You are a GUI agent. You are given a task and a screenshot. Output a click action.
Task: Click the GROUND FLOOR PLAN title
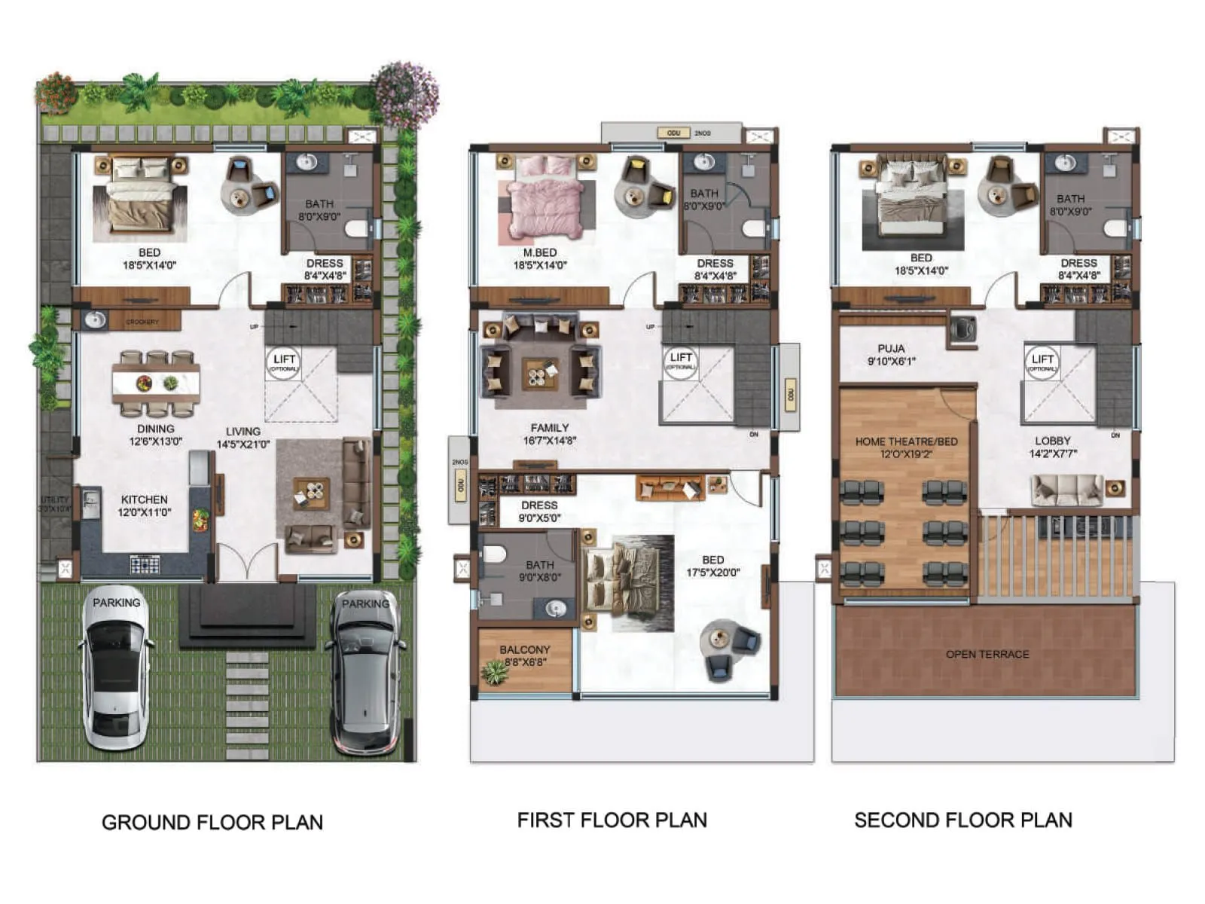click(x=212, y=822)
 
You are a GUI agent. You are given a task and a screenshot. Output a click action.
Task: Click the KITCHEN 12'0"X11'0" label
click(x=144, y=505)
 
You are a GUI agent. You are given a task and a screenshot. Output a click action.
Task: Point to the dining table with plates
click(x=156, y=383)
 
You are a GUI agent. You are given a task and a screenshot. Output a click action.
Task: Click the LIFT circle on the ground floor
click(x=284, y=362)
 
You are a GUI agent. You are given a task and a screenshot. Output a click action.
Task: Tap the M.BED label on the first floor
click(x=540, y=258)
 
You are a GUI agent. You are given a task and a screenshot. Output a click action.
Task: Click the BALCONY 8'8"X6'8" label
click(x=525, y=655)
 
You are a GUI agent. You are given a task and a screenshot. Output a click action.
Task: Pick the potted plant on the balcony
click(x=495, y=671)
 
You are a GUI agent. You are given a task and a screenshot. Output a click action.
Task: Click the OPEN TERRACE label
click(x=987, y=654)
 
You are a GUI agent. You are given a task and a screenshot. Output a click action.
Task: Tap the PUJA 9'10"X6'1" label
click(x=891, y=354)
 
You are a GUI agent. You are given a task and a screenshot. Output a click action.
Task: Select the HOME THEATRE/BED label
click(x=906, y=447)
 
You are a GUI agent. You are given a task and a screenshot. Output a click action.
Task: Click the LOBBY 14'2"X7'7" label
click(x=1052, y=447)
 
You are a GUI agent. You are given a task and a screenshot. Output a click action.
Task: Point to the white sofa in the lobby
click(x=1067, y=490)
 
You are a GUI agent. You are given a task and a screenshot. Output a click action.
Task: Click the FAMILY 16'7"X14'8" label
click(x=549, y=433)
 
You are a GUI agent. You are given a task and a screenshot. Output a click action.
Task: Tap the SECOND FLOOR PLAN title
click(x=962, y=820)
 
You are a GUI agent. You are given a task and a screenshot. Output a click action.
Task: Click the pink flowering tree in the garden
click(x=407, y=94)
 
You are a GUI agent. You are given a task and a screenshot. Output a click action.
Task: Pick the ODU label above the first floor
click(x=673, y=133)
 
